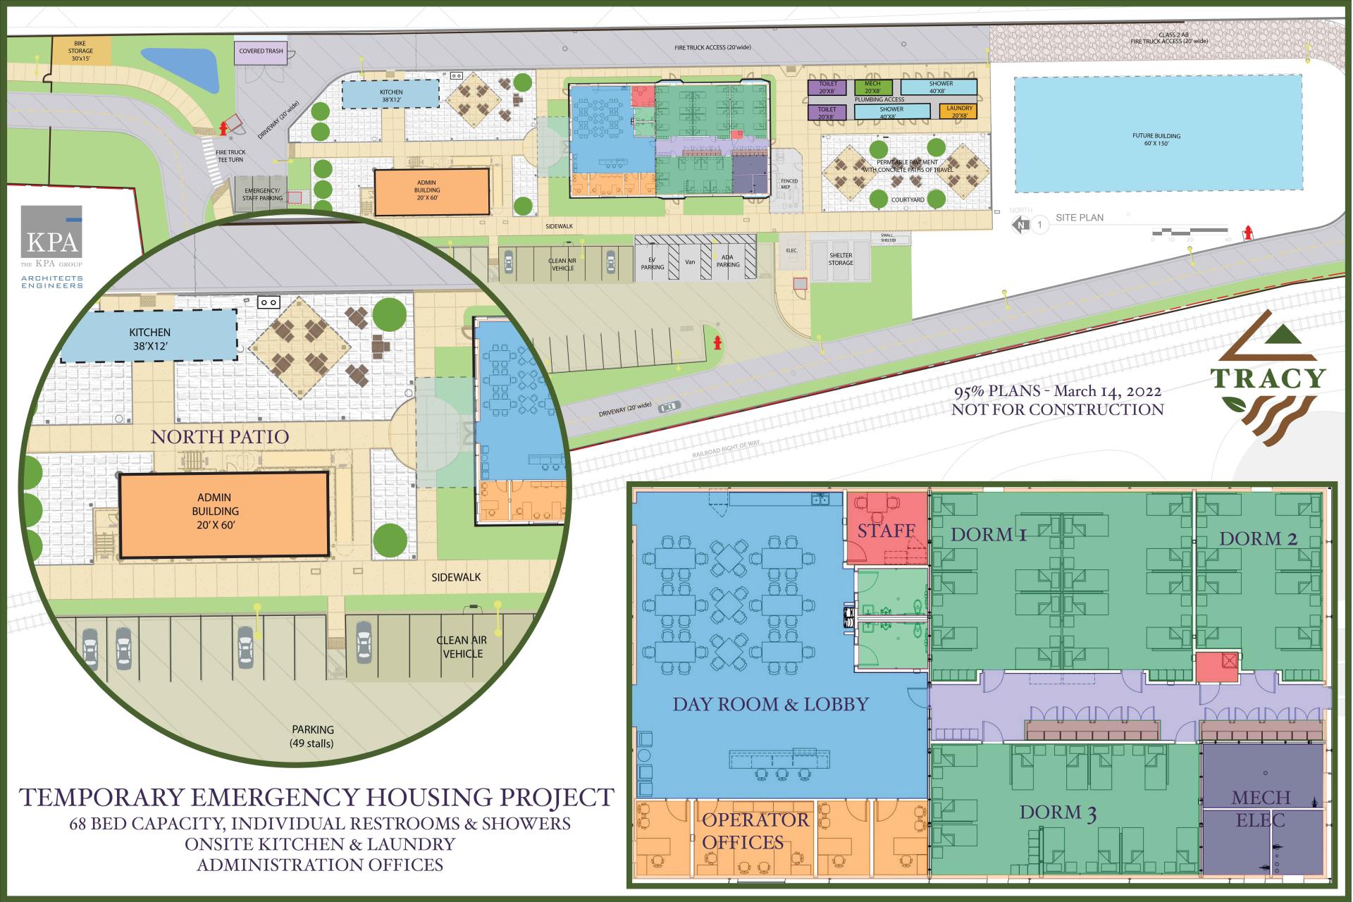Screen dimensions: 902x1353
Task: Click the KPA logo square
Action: click(x=51, y=231)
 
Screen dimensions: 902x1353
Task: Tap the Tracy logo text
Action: click(x=1268, y=378)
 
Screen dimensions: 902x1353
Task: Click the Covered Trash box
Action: click(x=261, y=51)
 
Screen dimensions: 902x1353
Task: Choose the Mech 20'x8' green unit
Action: click(x=872, y=87)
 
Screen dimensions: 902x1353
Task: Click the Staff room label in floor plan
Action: click(x=886, y=531)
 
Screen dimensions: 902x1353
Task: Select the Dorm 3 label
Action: click(x=1058, y=813)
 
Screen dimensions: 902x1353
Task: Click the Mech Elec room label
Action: click(x=1261, y=808)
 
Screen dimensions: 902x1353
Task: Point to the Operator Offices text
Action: click(x=755, y=831)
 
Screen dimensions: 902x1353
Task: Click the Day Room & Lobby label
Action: click(x=770, y=704)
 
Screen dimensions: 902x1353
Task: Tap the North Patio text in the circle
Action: click(x=220, y=437)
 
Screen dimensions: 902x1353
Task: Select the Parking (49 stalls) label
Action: click(x=314, y=736)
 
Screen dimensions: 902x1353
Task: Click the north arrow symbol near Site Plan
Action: click(x=1020, y=225)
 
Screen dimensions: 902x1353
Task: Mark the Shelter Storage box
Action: click(x=840, y=259)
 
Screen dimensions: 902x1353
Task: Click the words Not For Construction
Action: click(x=1057, y=409)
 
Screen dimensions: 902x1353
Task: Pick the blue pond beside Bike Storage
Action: click(x=179, y=66)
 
